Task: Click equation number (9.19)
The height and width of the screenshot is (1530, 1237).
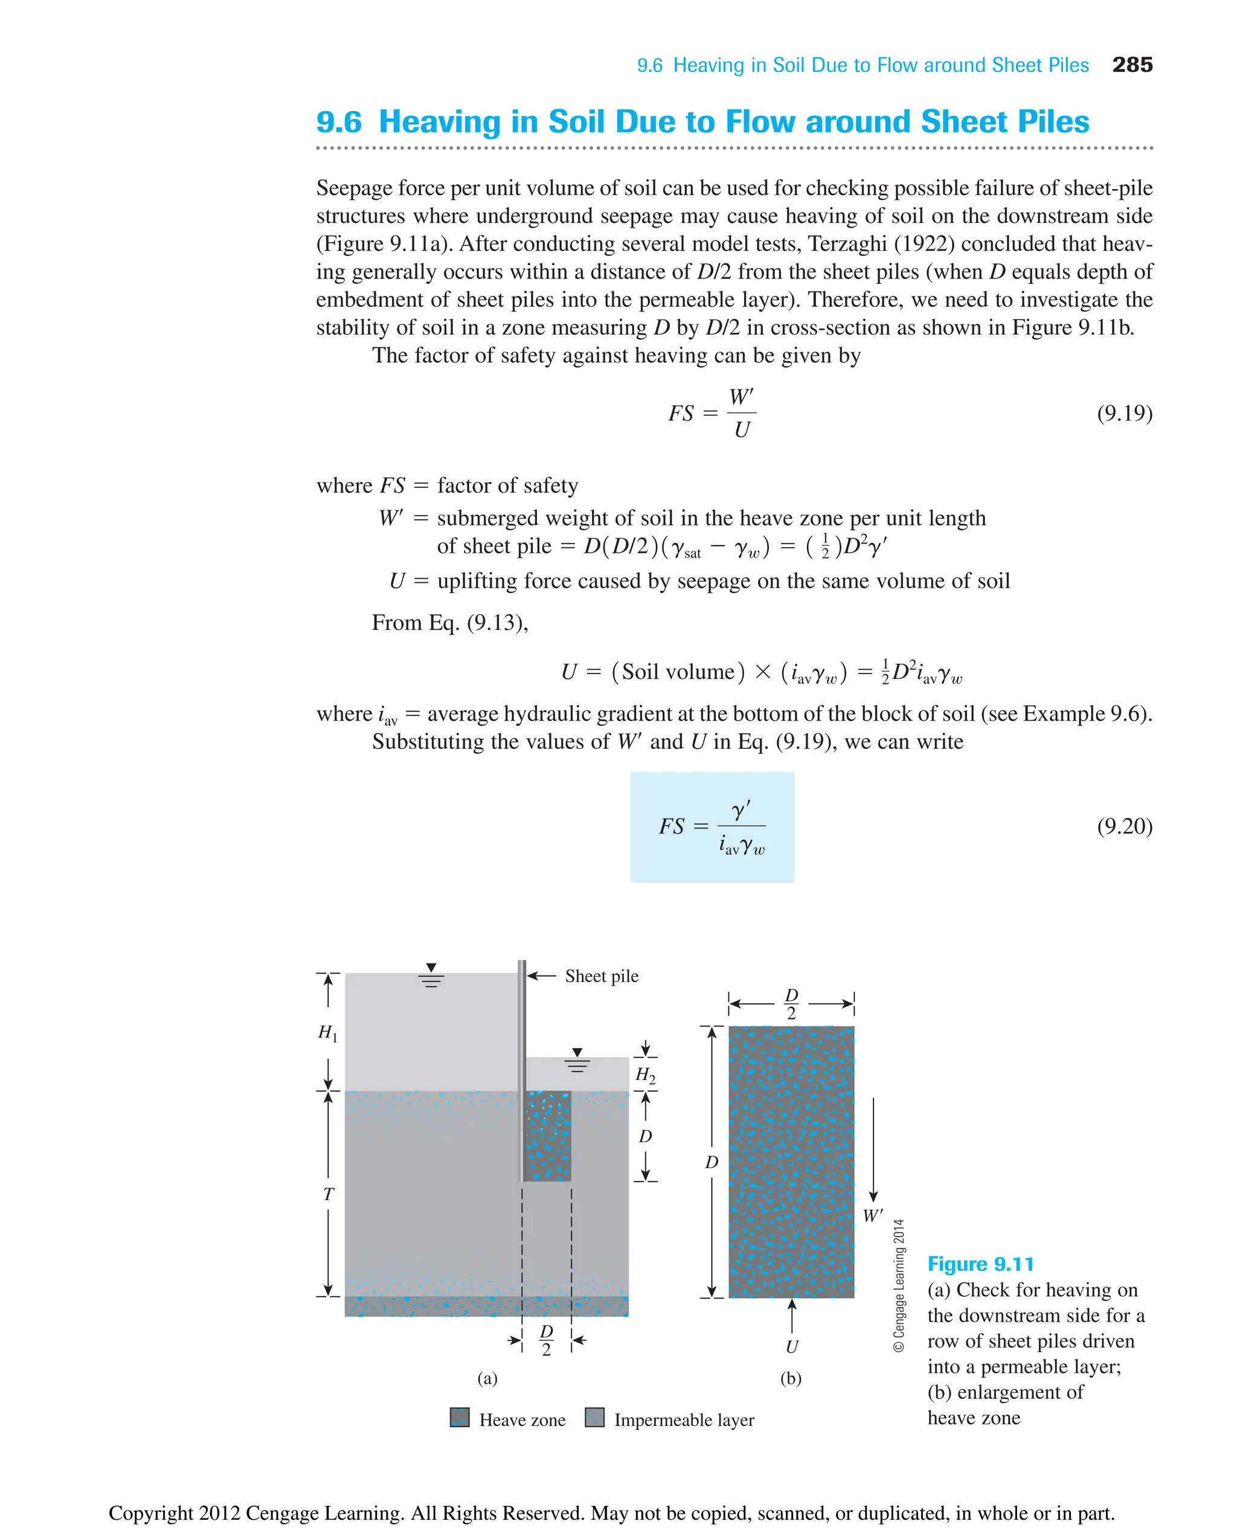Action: point(1123,413)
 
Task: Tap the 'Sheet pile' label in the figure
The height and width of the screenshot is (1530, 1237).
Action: point(602,976)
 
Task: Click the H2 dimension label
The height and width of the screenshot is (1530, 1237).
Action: point(645,1074)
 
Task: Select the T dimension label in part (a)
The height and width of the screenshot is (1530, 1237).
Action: point(328,1194)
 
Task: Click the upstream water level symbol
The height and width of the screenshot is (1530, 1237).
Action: point(431,976)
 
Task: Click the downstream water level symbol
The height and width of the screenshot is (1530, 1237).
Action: point(577,1061)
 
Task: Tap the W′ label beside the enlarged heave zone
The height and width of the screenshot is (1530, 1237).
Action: point(872,1216)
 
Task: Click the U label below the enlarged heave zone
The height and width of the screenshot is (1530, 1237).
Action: point(792,1347)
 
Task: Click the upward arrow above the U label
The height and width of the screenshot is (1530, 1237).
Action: point(792,1315)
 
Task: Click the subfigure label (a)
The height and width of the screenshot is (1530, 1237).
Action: point(487,1378)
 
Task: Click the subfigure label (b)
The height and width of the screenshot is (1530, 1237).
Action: point(791,1378)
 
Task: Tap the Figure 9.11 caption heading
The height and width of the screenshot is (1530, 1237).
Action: point(980,1264)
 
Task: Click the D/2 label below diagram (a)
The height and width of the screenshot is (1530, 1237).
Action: point(547,1340)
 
